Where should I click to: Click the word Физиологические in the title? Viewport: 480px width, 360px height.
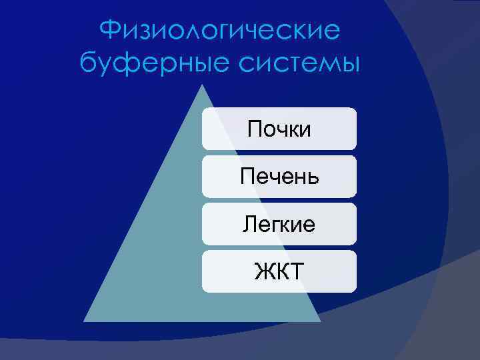tap(219, 31)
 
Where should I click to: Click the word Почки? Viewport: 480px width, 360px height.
tap(279, 128)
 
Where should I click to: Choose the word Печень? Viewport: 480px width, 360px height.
tap(279, 177)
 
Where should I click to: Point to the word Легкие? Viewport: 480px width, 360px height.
tap(279, 224)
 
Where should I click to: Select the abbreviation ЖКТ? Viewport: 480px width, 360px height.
tap(279, 271)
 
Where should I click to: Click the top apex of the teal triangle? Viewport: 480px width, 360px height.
tap(202, 85)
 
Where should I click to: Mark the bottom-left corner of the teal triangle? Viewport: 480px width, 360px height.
tap(84, 321)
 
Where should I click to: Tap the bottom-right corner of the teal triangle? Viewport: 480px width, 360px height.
tap(320, 321)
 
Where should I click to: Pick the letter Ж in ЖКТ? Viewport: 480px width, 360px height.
tap(263, 271)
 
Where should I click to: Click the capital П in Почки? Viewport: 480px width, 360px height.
tap(254, 128)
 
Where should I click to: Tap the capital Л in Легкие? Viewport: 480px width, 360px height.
tap(248, 225)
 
